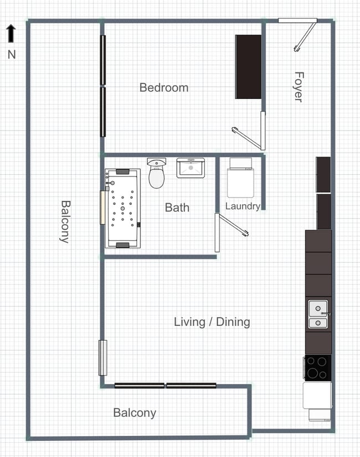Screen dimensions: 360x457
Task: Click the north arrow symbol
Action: tap(11, 33)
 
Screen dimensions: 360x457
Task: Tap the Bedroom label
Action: tap(164, 88)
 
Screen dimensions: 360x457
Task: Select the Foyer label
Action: tap(299, 87)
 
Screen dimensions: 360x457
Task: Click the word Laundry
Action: tap(243, 206)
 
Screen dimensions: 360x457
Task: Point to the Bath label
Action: tap(177, 207)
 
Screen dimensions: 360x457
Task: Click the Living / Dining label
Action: tap(212, 322)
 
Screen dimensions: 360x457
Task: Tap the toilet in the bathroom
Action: tap(157, 173)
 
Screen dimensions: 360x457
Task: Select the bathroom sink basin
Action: tap(191, 168)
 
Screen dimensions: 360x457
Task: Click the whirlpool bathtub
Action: tap(123, 209)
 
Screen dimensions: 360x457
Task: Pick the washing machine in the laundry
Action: tap(241, 178)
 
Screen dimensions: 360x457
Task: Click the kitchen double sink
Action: tap(318, 314)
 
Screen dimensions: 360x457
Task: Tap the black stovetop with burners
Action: tap(317, 368)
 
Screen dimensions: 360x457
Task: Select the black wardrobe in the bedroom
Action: tap(248, 67)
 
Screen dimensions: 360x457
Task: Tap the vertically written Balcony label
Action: tap(65, 221)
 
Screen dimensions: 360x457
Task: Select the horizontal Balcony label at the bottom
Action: tap(135, 413)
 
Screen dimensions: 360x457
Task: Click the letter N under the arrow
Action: tap(12, 55)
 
